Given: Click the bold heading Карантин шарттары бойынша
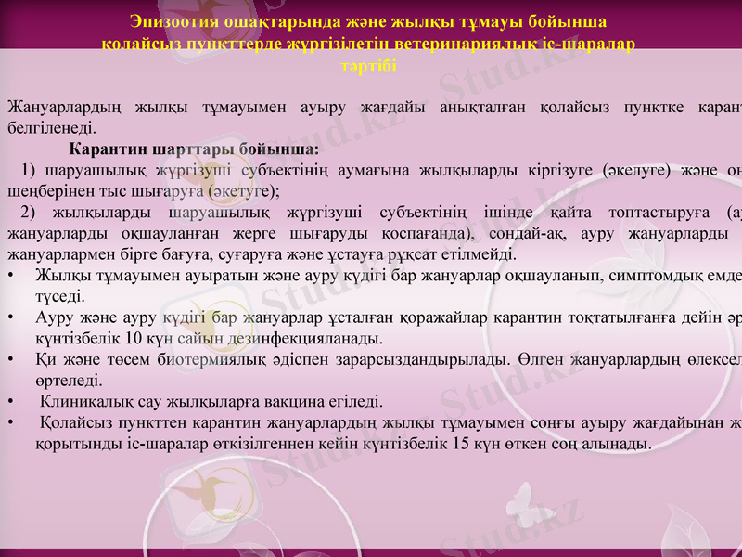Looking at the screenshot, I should point(194,149).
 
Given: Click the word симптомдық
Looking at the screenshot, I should point(662,276).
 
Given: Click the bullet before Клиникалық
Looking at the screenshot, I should point(10,402).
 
